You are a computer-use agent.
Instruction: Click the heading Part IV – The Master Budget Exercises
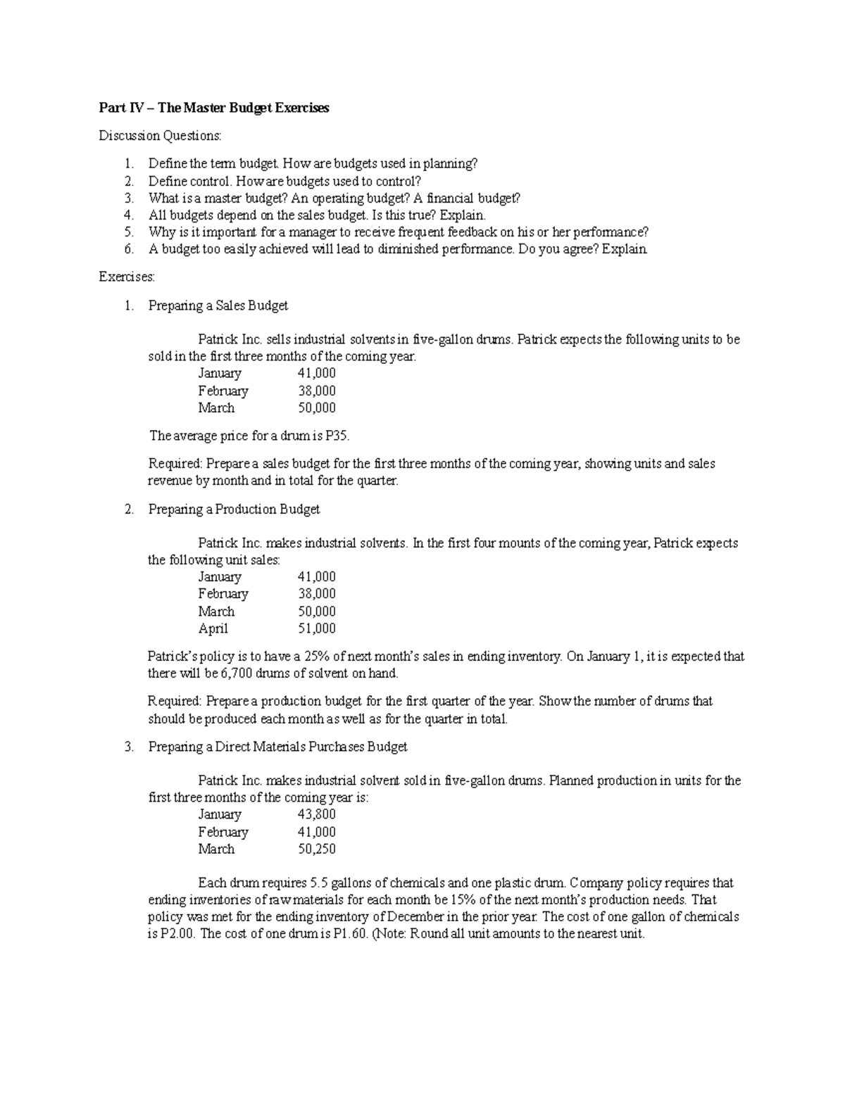pyautogui.click(x=214, y=108)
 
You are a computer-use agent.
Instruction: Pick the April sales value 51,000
pyautogui.click(x=317, y=628)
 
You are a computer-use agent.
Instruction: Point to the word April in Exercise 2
pyautogui.click(x=213, y=628)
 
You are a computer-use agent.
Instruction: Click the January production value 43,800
pyautogui.click(x=317, y=814)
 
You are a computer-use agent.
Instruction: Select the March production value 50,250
pyautogui.click(x=317, y=849)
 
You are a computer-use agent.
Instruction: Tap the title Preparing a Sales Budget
pyautogui.click(x=218, y=305)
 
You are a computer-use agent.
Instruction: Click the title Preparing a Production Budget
pyautogui.click(x=234, y=509)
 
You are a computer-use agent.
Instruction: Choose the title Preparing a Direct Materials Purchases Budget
pyautogui.click(x=277, y=747)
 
